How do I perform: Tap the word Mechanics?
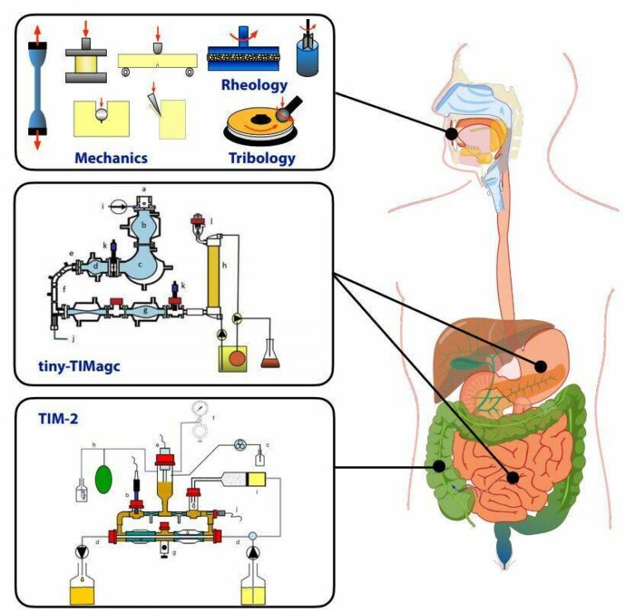(x=111, y=157)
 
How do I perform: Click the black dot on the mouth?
(x=451, y=133)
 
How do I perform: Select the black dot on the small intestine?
(x=513, y=478)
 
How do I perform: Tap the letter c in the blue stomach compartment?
(x=141, y=264)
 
